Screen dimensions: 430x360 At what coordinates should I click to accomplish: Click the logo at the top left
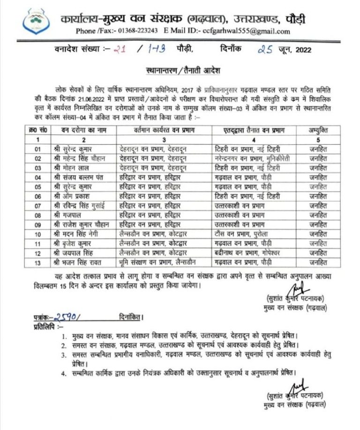41,20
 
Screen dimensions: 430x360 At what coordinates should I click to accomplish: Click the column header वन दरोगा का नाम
77,130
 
